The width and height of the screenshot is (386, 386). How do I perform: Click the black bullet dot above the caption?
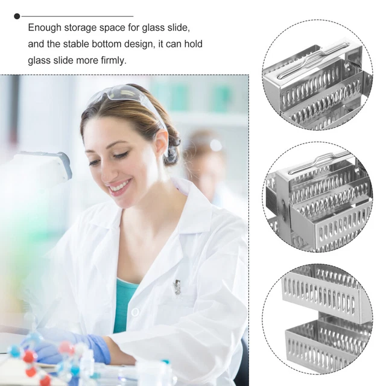[17, 16]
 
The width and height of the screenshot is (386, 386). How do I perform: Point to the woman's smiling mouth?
[120, 186]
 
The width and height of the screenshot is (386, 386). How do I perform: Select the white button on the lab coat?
[135, 312]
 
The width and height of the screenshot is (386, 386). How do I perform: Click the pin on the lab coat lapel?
[177, 287]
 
